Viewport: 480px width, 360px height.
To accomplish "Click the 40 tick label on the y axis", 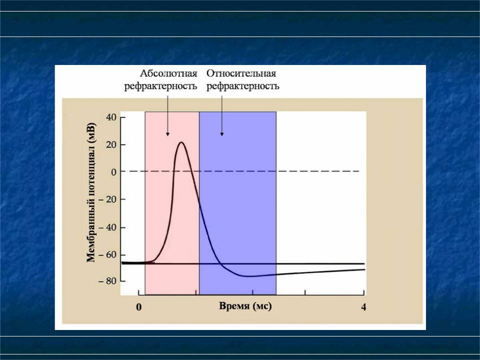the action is click(x=111, y=117).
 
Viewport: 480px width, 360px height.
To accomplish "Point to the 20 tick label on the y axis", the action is click(x=111, y=144).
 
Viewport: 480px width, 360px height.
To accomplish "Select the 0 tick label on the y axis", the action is click(x=114, y=171).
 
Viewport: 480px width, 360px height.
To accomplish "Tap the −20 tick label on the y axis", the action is click(x=108, y=199).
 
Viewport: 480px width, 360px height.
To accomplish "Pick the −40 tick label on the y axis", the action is click(x=108, y=227).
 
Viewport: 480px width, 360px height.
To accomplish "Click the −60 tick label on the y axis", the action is click(x=108, y=254).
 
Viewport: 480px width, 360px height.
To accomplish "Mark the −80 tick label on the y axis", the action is click(x=108, y=281).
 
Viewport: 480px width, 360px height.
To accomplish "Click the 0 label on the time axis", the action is click(x=138, y=307).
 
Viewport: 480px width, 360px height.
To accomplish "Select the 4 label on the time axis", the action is click(x=363, y=306).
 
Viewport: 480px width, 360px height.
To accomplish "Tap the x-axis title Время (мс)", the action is click(x=245, y=306).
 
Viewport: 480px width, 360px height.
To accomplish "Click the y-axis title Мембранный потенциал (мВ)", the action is click(x=91, y=192).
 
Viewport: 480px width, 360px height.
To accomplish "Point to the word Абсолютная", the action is click(x=168, y=73).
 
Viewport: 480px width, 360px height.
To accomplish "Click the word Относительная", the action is click(x=241, y=73).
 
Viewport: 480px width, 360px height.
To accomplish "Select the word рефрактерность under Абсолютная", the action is click(x=160, y=86).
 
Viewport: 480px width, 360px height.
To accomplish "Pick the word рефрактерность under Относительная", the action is click(x=243, y=86).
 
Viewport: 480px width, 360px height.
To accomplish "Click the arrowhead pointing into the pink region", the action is click(x=167, y=134).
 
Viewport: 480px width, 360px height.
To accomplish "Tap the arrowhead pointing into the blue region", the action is click(x=222, y=134).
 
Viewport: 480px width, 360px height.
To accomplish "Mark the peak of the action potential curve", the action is click(x=181, y=142).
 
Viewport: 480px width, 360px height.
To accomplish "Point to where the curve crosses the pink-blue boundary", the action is click(x=199, y=201).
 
